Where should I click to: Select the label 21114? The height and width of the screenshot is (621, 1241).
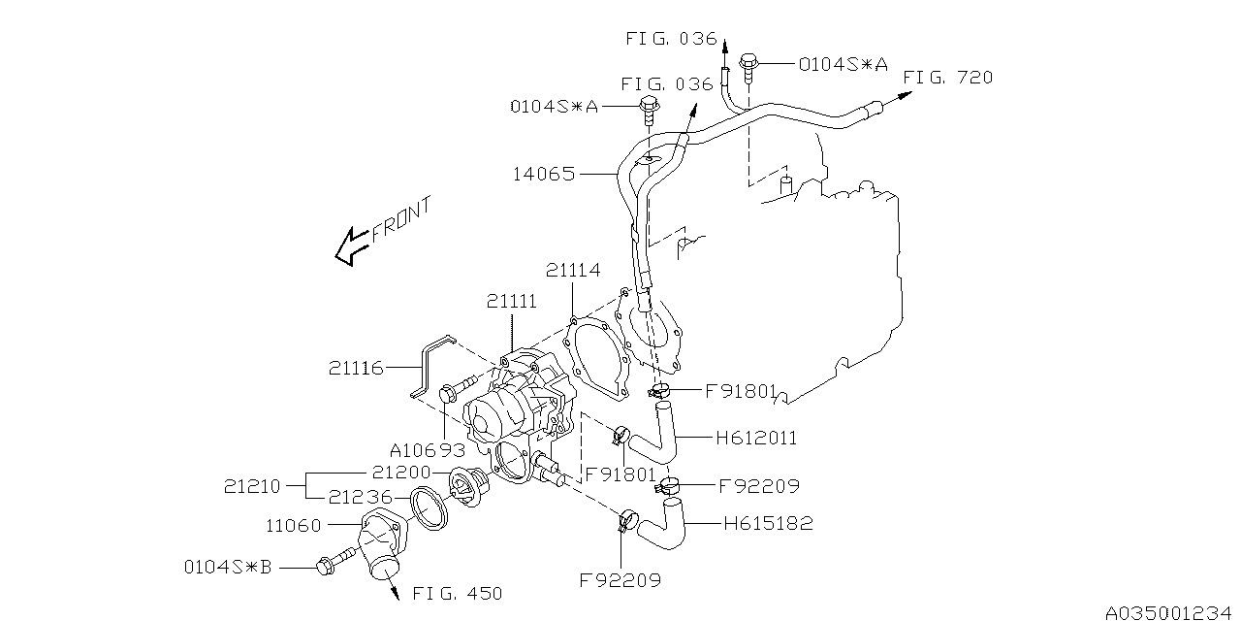point(574,271)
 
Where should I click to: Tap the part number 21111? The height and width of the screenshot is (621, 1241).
point(512,304)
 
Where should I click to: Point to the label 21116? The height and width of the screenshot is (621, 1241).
point(356,368)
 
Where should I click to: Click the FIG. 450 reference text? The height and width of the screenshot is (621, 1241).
point(457,593)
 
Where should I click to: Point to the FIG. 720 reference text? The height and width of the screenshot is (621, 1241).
point(947,78)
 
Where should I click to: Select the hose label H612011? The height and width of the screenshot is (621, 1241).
point(756,439)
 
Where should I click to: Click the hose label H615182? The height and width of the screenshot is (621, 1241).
point(768,524)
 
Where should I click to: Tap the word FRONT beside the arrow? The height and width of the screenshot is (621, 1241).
point(400,220)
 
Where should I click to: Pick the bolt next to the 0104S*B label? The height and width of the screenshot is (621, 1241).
point(328,564)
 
